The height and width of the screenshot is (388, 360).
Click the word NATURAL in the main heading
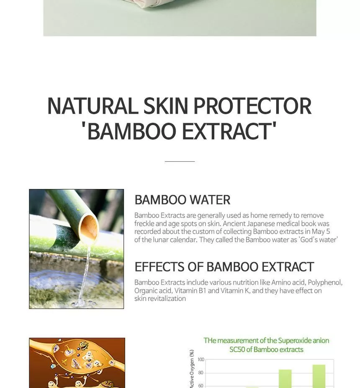point(93,106)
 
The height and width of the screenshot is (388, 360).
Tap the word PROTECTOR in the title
point(252,106)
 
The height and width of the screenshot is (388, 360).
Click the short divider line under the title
point(180,161)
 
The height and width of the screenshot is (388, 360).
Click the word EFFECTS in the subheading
point(159,267)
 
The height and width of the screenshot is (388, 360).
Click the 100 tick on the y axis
point(201,360)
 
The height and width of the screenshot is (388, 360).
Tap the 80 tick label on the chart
point(201,373)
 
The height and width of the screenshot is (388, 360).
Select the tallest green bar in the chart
point(319,376)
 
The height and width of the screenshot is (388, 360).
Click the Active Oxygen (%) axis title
point(192,369)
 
